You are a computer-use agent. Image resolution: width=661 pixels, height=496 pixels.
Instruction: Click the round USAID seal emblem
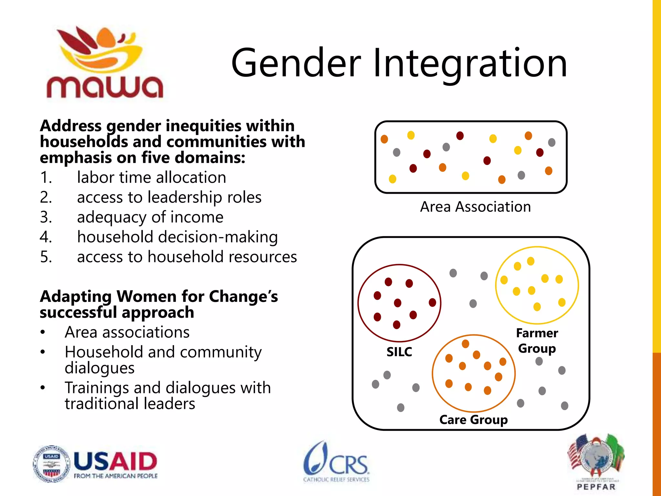point(51,464)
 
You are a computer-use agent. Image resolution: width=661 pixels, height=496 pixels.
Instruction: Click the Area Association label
point(475,207)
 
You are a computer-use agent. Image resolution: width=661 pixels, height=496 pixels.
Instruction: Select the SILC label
point(399,352)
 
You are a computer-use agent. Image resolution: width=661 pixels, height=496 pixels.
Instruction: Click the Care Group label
point(473,419)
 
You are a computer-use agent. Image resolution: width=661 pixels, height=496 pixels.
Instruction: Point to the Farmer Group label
point(537,341)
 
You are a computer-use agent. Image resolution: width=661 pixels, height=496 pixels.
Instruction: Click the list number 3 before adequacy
point(46,217)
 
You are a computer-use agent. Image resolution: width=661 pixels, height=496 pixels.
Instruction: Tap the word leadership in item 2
point(185,197)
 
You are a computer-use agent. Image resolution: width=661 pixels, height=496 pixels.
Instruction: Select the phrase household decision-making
point(177,237)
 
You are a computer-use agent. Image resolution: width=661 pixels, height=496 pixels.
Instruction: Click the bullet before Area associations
point(43,332)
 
